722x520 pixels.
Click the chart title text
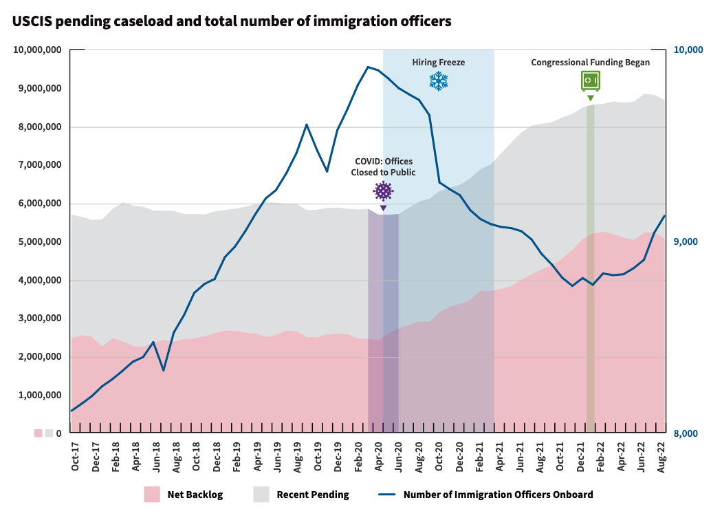(x=232, y=21)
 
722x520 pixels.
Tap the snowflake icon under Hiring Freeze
(x=439, y=81)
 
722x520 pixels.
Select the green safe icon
(x=590, y=80)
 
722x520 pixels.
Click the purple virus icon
(x=383, y=191)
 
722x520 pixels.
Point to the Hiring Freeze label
(x=439, y=63)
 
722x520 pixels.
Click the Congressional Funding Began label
(x=590, y=63)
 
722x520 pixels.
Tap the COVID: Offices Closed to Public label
(x=383, y=166)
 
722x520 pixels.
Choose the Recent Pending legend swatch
(x=261, y=495)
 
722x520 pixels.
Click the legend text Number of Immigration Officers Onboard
(x=498, y=495)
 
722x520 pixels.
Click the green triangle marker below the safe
(x=590, y=98)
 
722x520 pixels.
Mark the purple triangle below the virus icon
(x=383, y=208)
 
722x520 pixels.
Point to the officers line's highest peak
(x=368, y=67)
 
